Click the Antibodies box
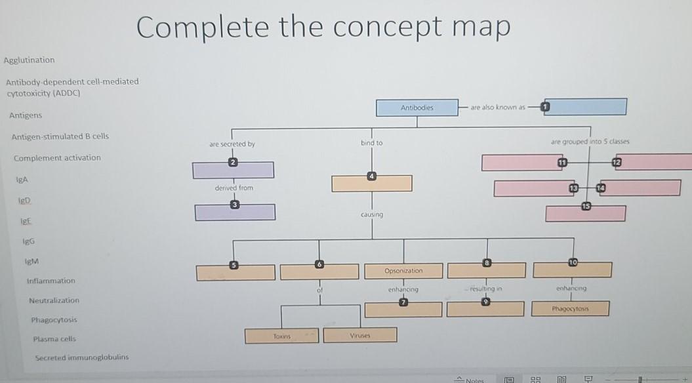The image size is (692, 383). pyautogui.click(x=417, y=108)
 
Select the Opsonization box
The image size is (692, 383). pyautogui.click(x=403, y=270)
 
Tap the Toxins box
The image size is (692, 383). pyautogui.click(x=281, y=335)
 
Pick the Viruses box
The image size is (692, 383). pyautogui.click(x=360, y=335)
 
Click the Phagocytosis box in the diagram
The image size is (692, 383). pyautogui.click(x=571, y=308)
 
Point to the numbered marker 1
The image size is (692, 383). pyautogui.click(x=545, y=107)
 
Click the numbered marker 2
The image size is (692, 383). pyautogui.click(x=232, y=162)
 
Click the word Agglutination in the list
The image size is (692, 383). pyautogui.click(x=30, y=60)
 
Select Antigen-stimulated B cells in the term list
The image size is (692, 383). pyautogui.click(x=60, y=136)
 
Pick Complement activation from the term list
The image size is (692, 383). pyautogui.click(x=57, y=158)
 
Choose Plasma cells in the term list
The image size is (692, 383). pyautogui.click(x=54, y=339)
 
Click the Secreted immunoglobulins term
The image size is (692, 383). pyautogui.click(x=81, y=357)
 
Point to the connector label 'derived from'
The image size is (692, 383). pyautogui.click(x=234, y=188)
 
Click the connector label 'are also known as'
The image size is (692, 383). pyautogui.click(x=498, y=107)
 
